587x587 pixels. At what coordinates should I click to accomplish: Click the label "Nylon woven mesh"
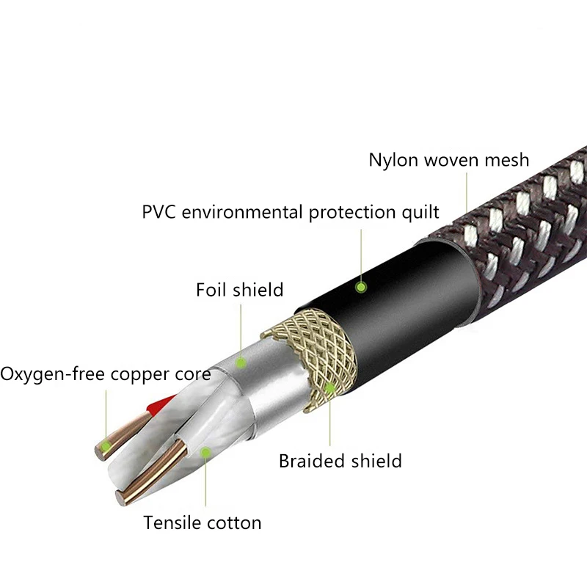click(448, 160)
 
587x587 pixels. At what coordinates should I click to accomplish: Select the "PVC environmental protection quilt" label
click(291, 213)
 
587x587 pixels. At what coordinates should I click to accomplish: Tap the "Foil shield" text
click(239, 290)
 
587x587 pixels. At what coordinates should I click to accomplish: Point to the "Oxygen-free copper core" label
click(106, 374)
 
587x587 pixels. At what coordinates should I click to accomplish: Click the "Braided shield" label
click(340, 461)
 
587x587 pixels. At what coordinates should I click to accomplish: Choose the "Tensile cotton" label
click(203, 523)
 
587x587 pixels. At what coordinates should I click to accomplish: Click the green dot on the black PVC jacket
click(360, 287)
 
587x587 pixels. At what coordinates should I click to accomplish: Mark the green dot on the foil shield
click(240, 362)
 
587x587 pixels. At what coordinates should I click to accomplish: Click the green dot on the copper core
click(107, 445)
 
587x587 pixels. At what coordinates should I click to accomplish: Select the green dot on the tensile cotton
click(206, 453)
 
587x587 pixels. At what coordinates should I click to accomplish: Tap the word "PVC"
click(159, 213)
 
